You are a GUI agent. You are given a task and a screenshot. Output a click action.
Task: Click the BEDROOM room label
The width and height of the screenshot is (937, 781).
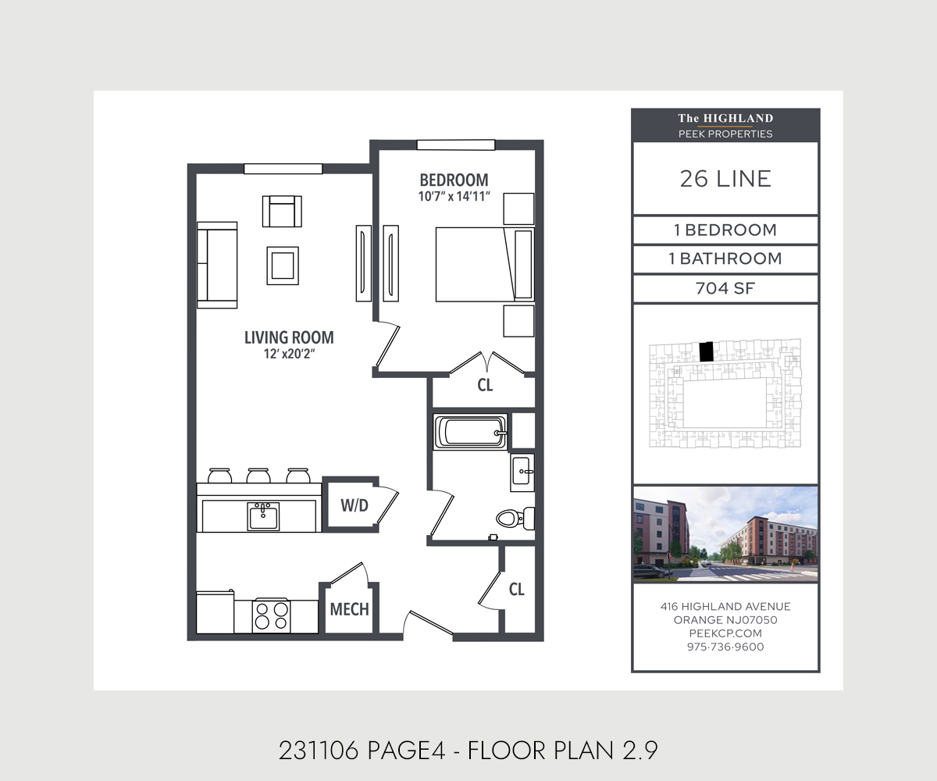(454, 179)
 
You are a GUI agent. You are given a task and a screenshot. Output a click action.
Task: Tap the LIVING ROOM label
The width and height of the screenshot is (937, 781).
(289, 337)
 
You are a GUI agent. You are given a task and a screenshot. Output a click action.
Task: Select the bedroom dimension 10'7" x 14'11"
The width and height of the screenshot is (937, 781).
(454, 196)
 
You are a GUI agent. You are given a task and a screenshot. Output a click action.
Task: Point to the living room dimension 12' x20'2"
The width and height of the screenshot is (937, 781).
(289, 355)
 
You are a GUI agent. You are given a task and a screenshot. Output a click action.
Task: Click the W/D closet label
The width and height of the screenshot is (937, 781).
(354, 505)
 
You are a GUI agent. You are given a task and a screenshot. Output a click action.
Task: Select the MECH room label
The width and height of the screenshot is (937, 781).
(349, 609)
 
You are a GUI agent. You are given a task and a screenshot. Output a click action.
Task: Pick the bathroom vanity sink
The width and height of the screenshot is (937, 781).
(522, 472)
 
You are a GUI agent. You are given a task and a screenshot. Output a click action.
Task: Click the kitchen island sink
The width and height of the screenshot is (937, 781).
(263, 515)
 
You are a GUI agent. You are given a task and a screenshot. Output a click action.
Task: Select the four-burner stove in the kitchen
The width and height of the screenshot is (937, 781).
(272, 615)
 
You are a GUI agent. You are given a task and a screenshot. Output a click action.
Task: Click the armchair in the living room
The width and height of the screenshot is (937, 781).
(282, 211)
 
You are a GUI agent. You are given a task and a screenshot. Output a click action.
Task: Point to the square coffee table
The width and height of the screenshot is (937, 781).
(282, 266)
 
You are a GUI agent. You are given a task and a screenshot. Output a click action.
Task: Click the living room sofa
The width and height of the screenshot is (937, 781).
(216, 265)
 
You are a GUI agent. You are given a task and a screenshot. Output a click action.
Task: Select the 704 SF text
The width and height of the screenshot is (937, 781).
(725, 289)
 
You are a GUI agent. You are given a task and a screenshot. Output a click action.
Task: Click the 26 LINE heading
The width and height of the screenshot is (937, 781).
(725, 179)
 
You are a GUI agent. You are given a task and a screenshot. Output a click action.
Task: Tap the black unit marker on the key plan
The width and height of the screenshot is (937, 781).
(707, 351)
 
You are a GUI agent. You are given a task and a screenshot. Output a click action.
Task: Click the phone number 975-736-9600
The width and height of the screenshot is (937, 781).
(725, 647)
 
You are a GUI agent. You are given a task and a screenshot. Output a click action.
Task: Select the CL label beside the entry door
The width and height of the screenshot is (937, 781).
(516, 590)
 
